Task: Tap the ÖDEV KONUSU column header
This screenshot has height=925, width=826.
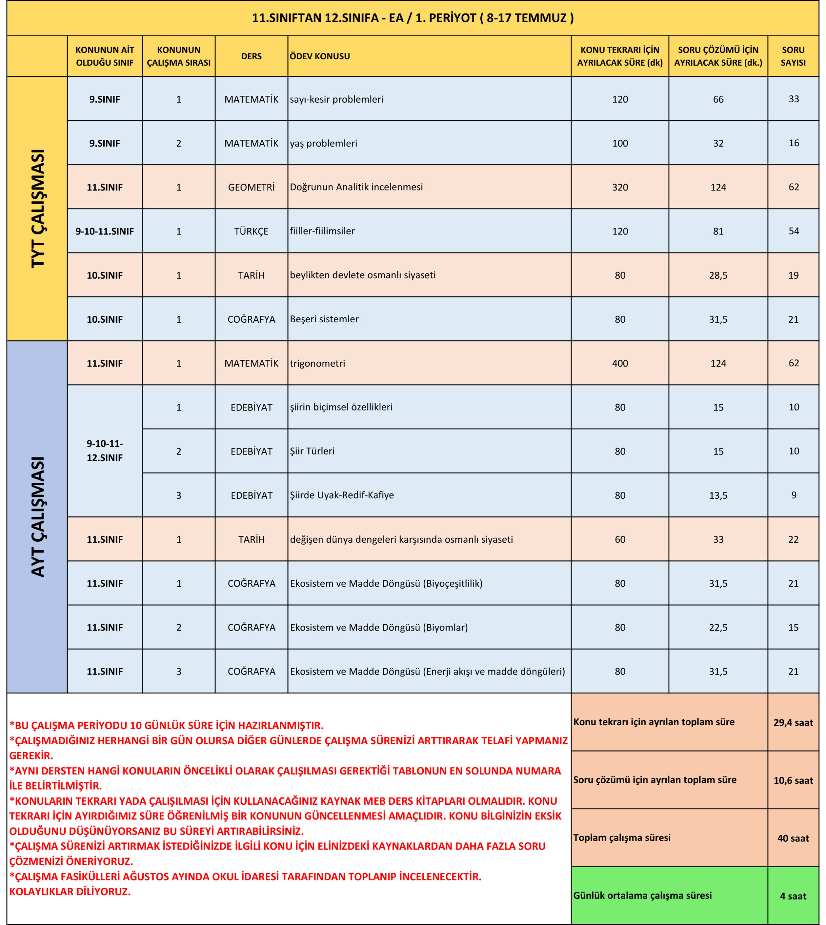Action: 320,56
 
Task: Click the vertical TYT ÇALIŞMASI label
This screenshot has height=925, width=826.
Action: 38,208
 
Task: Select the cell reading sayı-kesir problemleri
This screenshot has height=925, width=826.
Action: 336,99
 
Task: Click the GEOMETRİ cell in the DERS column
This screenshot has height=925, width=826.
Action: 251,187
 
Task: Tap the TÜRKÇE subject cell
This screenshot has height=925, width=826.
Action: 251,231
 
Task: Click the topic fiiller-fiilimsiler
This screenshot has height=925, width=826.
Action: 322,231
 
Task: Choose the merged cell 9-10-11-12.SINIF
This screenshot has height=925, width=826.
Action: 105,451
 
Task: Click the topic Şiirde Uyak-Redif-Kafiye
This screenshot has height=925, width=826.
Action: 342,495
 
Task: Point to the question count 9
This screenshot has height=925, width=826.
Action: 793,495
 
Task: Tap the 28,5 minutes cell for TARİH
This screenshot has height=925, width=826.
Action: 718,275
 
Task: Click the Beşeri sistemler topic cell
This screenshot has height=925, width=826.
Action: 324,319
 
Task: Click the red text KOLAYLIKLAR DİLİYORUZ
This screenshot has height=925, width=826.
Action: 70,892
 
